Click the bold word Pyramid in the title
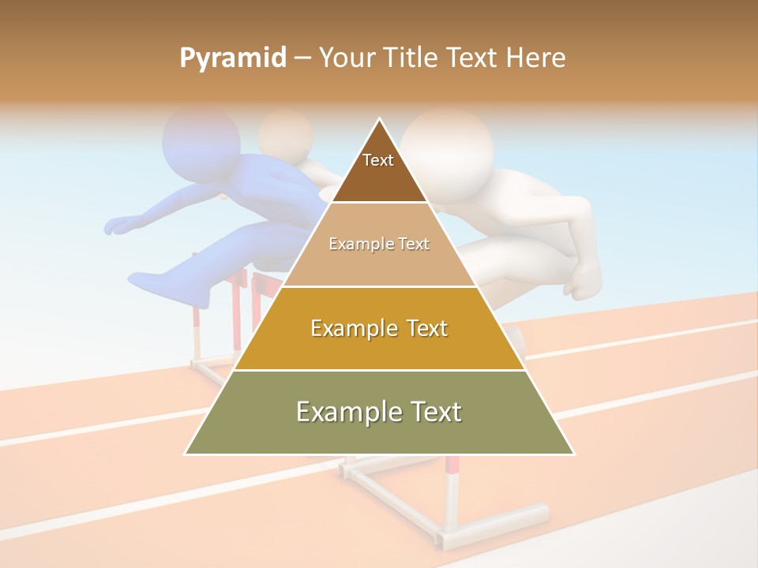[x=232, y=58]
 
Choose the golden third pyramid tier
[x=379, y=328]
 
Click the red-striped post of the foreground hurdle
[x=452, y=489]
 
